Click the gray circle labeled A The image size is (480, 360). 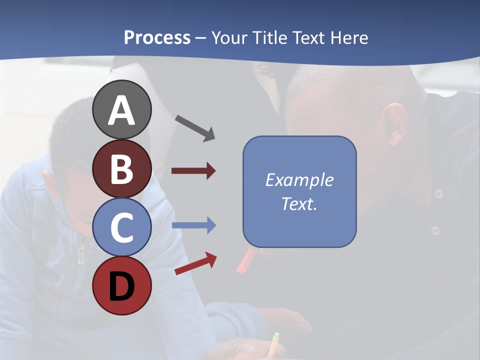(x=121, y=110)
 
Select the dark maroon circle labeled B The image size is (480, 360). (x=121, y=169)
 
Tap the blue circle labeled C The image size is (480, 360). (x=121, y=227)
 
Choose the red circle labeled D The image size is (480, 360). (x=121, y=286)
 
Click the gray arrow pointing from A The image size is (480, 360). (x=195, y=128)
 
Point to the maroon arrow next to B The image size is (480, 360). (x=193, y=171)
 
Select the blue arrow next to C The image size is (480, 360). (x=193, y=225)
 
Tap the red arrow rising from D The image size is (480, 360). (x=195, y=263)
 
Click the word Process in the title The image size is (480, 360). (x=157, y=37)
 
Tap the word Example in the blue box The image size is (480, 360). (x=299, y=180)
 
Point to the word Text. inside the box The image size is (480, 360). (x=299, y=203)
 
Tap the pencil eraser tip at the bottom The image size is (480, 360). (x=276, y=336)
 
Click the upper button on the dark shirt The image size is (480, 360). (x=438, y=193)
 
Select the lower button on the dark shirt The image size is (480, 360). (x=435, y=230)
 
